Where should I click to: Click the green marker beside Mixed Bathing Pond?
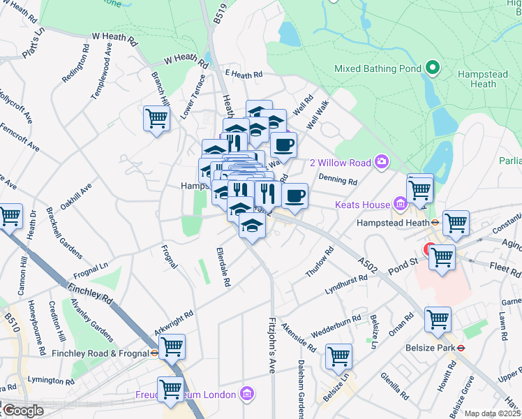[433, 68]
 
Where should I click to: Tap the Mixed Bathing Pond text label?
[378, 69]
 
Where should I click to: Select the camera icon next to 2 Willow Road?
[381, 162]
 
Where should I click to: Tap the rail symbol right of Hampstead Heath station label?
[434, 223]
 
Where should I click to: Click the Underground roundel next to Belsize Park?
[461, 347]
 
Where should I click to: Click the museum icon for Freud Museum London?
[245, 395]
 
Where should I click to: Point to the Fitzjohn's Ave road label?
[271, 346]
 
